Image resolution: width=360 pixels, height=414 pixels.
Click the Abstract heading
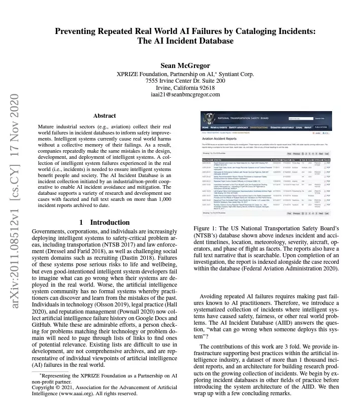pyautogui.click(x=105, y=116)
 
